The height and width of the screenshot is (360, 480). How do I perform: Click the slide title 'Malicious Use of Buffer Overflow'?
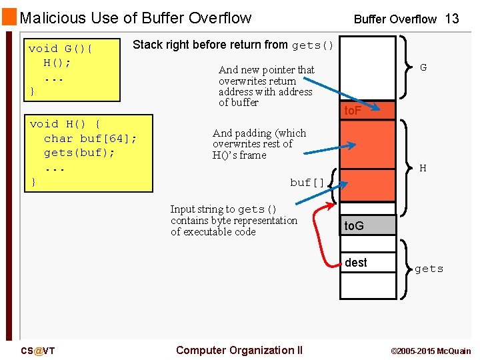point(136,18)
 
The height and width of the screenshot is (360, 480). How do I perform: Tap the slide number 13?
point(451,19)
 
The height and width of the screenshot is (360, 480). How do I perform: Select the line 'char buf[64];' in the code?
point(90,139)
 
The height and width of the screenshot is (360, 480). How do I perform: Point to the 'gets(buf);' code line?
point(79,153)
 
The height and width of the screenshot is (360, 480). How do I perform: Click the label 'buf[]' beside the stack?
point(307,182)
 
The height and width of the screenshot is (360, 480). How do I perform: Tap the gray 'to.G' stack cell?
point(368,225)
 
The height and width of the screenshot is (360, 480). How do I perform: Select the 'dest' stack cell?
point(368,263)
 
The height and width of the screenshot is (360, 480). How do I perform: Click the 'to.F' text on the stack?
point(352,111)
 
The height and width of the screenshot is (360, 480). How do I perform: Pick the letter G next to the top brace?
point(423,67)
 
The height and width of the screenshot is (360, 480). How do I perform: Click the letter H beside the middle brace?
point(423,169)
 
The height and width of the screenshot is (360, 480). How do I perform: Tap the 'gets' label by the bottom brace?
point(429,269)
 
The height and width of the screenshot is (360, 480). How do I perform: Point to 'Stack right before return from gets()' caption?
point(233,45)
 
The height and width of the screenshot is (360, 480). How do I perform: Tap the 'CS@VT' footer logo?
point(37,351)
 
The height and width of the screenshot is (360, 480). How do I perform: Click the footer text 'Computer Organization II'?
point(239,351)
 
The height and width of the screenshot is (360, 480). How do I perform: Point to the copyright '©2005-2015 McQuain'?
point(430,351)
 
